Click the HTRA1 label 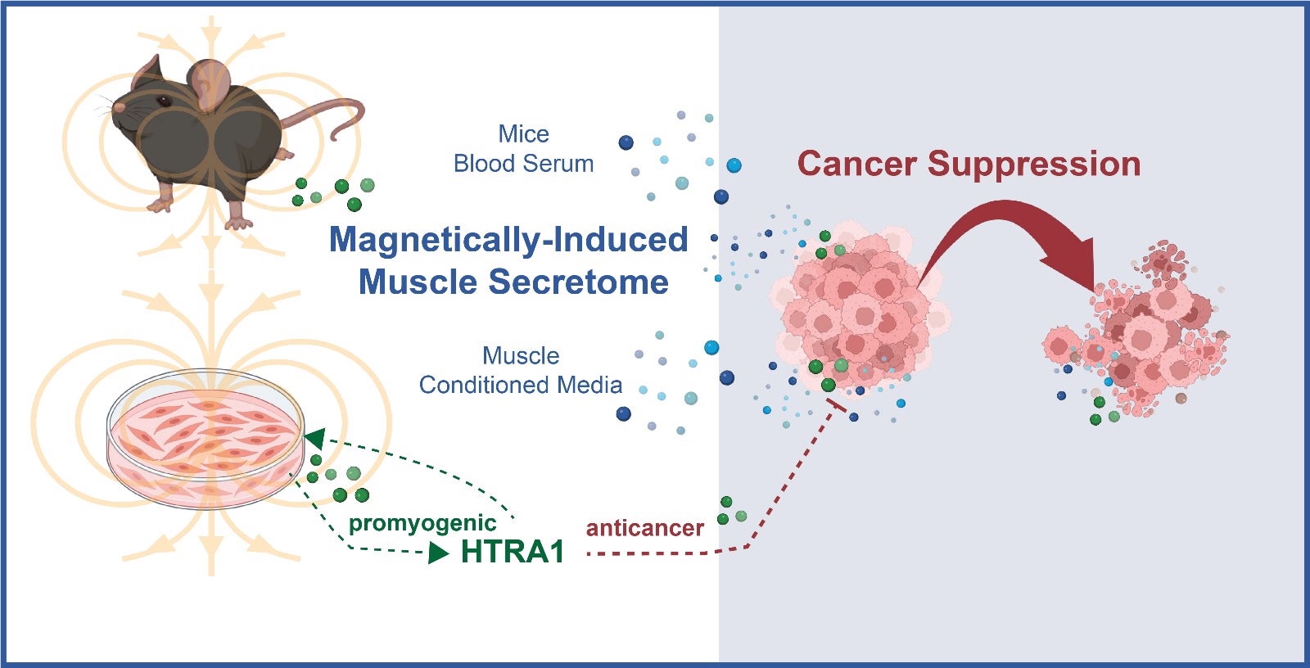[513, 552]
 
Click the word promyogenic [422, 523]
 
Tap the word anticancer [644, 528]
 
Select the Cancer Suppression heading [969, 164]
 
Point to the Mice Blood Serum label [524, 149]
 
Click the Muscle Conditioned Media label [521, 370]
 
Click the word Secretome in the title [579, 282]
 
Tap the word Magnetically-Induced [508, 240]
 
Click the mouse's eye [163, 101]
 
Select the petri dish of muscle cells [206, 439]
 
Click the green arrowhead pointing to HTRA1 [439, 553]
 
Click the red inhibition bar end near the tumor [837, 405]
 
